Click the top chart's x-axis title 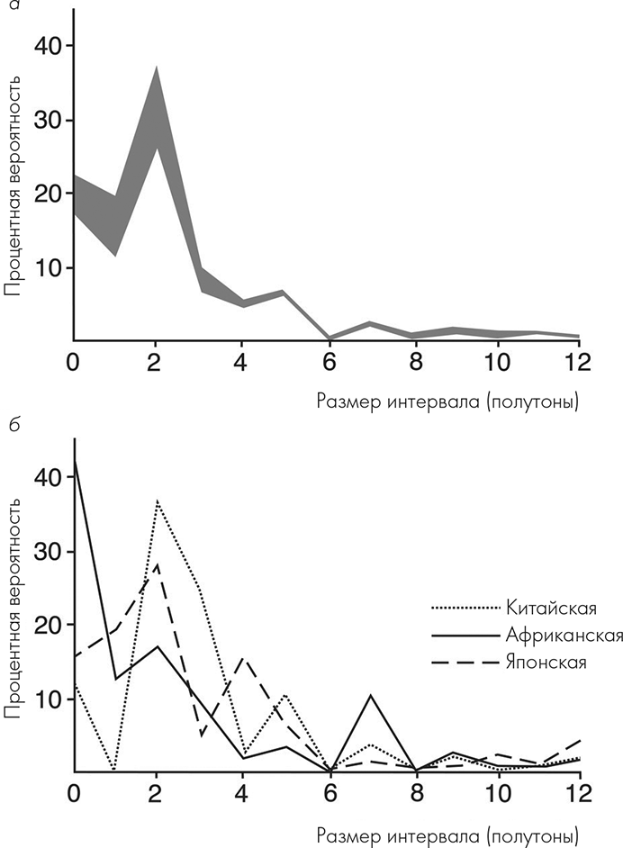coord(447,400)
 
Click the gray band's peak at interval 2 coord(158,68)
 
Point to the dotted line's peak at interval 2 coord(158,500)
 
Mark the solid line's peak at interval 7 coord(368,695)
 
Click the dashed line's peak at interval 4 coord(242,658)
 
